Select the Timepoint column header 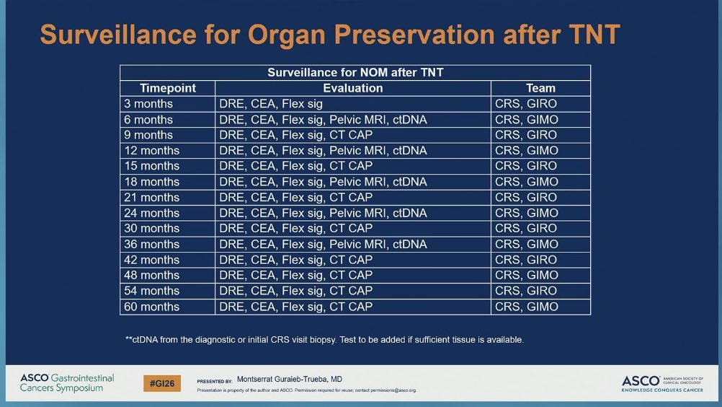tap(167, 88)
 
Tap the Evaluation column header tap(352, 88)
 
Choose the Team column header tap(540, 88)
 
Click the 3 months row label tap(148, 104)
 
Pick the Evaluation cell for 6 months tap(323, 120)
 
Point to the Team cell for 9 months tap(526, 135)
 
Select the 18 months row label tap(152, 182)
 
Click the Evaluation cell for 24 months tap(323, 213)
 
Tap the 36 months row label tap(152, 244)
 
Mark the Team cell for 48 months tap(526, 275)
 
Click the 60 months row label tap(152, 307)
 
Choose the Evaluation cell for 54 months tap(295, 291)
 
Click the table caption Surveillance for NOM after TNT tap(355, 72)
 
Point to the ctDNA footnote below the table tap(324, 339)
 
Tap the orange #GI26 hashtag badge tap(162, 383)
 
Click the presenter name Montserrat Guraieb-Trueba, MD tap(289, 379)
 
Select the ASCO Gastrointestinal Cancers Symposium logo tap(66, 383)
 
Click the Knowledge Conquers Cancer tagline tap(662, 390)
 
